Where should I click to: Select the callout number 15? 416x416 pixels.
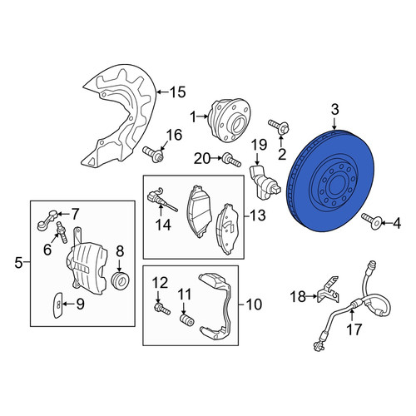[178, 92]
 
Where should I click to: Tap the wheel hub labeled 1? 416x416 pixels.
[229, 121]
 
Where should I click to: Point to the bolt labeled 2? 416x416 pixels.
[279, 126]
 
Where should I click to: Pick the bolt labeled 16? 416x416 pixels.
[153, 154]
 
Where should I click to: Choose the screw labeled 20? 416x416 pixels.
[231, 160]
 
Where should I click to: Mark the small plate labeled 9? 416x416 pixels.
[57, 305]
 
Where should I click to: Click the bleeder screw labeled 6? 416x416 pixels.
[62, 233]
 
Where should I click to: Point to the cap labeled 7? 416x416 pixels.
[47, 220]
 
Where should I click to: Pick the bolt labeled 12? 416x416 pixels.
[162, 309]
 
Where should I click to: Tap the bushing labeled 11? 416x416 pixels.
[187, 321]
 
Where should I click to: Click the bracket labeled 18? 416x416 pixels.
[329, 292]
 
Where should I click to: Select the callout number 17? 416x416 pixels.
[354, 329]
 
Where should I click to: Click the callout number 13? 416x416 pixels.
[258, 215]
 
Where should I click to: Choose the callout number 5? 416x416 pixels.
[18, 262]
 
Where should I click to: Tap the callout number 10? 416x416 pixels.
[254, 305]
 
